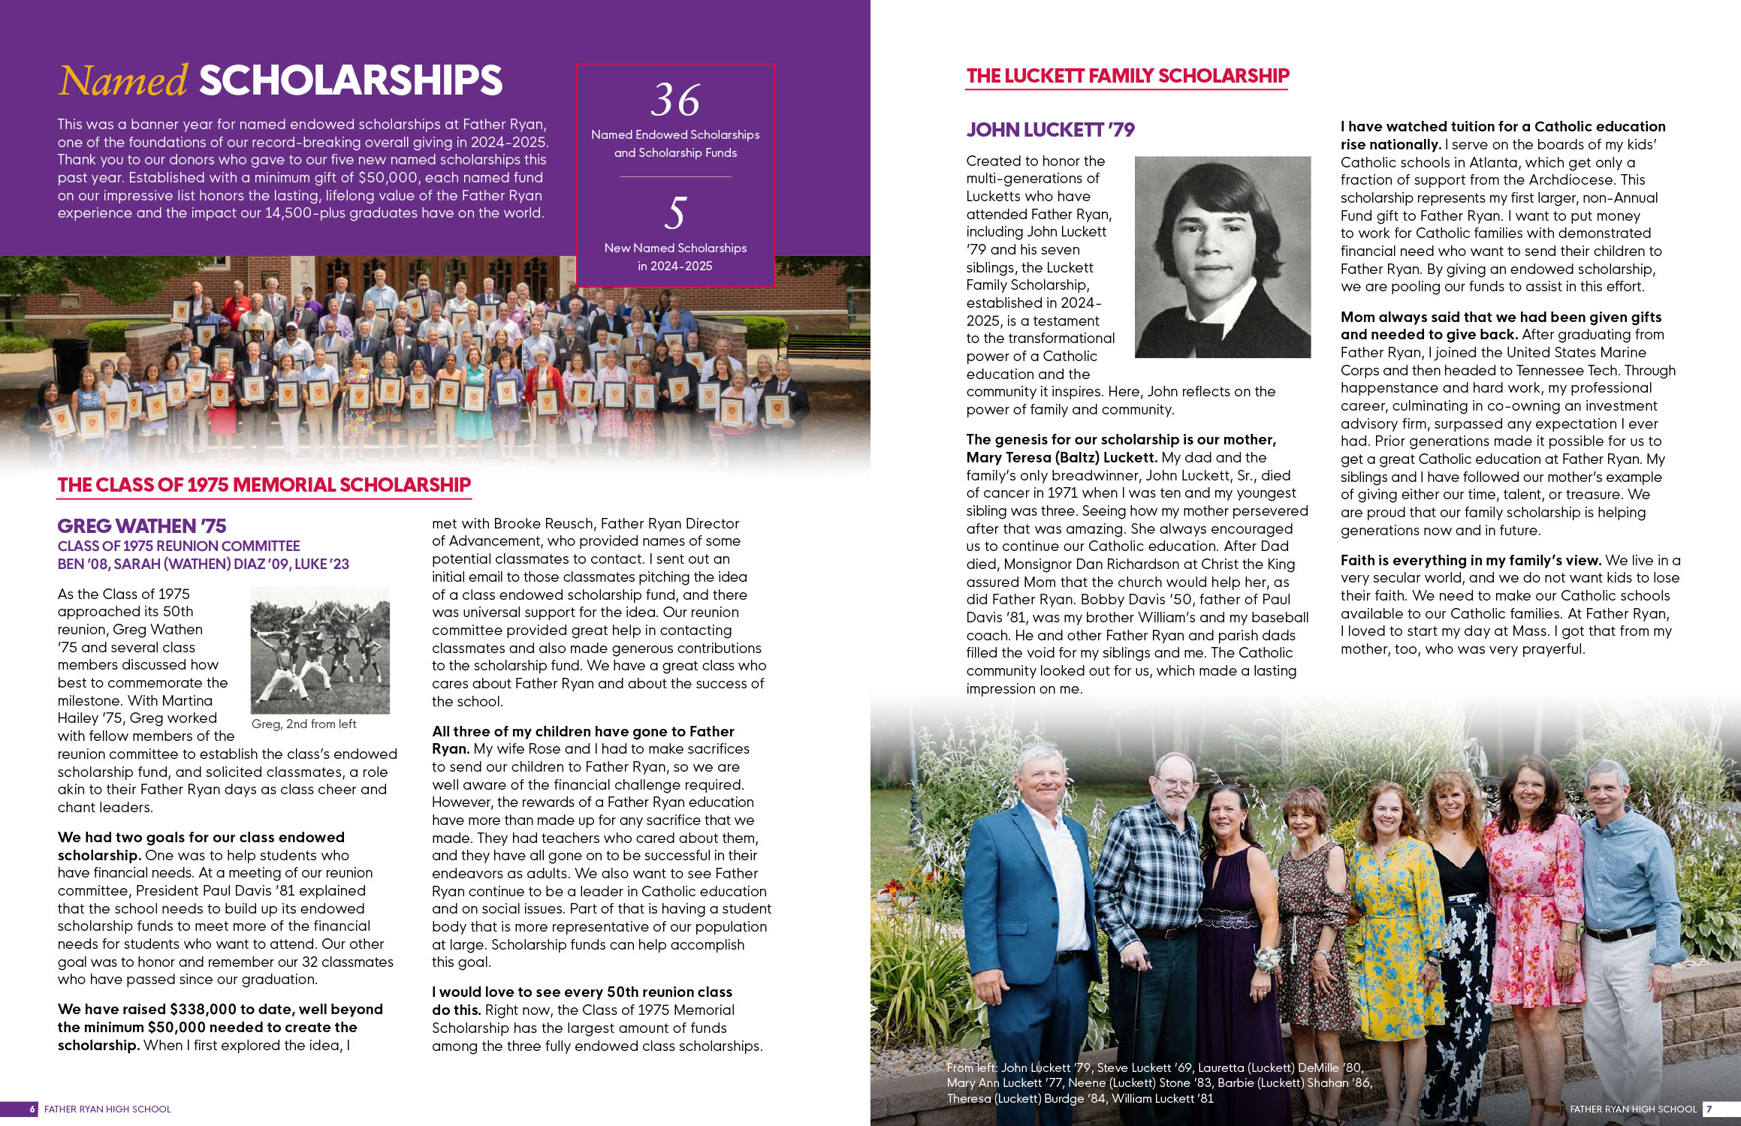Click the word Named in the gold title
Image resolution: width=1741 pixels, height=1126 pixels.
123,81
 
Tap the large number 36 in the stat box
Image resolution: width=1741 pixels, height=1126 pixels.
675,100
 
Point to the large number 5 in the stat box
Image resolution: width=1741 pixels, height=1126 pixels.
675,213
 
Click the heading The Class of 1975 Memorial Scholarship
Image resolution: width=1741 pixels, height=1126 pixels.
264,485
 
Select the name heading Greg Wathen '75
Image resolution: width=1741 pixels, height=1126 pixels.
142,525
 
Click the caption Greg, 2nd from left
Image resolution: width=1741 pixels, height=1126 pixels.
303,724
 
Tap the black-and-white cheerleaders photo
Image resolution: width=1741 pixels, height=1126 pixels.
320,650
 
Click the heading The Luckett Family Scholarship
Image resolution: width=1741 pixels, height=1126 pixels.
1127,76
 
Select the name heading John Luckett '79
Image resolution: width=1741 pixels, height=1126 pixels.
1050,130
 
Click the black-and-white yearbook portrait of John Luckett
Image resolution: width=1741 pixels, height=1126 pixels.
1222,257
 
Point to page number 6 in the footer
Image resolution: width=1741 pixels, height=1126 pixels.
32,1109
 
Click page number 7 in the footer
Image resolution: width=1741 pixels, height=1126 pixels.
1709,1109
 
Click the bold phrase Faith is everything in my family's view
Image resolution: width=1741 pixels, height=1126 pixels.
1471,560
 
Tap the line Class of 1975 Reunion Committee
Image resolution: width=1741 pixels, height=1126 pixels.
179,546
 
